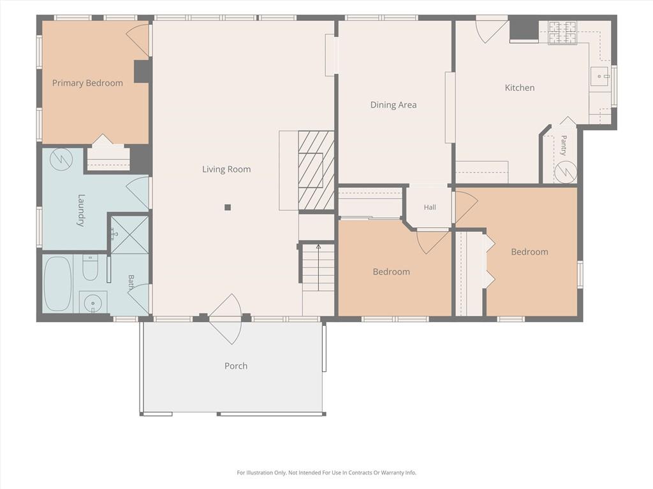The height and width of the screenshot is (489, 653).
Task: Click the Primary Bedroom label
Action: (87, 83)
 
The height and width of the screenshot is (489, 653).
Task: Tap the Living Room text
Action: (226, 169)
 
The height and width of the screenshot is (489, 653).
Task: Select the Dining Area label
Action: (393, 105)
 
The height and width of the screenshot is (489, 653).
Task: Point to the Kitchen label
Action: (520, 88)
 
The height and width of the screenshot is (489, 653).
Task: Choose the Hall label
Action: (430, 207)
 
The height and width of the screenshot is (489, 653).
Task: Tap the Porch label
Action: (236, 366)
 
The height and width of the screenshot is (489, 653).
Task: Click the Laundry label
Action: (80, 210)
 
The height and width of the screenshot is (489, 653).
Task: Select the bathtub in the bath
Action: (57, 283)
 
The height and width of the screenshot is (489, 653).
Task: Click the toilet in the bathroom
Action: (90, 267)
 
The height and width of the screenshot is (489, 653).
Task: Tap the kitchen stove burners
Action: (562, 32)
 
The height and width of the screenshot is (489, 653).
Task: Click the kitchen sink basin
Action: (599, 76)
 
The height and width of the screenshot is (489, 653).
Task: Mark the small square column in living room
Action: (228, 207)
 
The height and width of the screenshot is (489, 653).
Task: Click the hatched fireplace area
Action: (316, 171)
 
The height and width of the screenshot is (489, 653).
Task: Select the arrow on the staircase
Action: (319, 268)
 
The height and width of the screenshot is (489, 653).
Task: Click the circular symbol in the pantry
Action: (566, 172)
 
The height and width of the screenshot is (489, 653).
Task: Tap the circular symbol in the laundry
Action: (61, 159)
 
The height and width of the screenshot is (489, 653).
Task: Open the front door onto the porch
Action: (225, 319)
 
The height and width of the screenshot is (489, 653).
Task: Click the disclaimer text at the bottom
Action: (326, 472)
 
